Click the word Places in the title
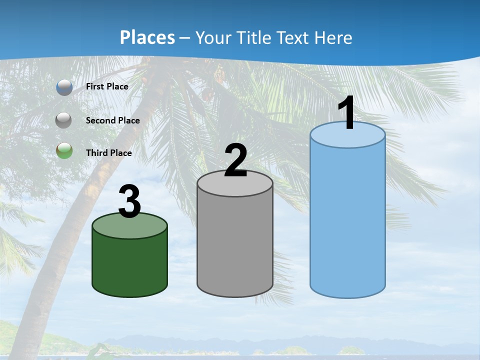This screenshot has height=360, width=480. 147,37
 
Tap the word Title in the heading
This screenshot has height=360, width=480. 251,37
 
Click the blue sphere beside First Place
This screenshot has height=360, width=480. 64,87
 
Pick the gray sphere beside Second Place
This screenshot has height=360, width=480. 64,120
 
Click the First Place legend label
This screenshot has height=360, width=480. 107,86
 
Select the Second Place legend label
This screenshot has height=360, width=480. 112,120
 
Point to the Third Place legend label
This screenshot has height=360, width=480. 108,152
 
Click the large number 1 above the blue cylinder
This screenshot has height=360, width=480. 347,113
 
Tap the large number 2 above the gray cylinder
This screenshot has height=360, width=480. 235,160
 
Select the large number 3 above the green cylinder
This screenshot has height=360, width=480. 129,202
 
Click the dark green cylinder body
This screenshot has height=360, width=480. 129,265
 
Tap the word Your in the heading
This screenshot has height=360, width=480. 212,37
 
